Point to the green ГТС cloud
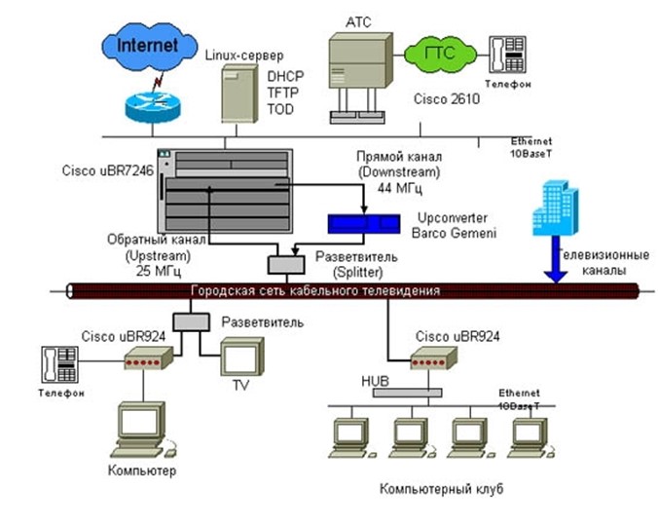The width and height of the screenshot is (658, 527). point(437,53)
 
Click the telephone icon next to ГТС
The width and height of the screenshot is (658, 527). point(506,54)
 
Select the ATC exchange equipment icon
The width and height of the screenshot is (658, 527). point(359,74)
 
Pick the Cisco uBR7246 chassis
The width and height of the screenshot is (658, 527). point(227,189)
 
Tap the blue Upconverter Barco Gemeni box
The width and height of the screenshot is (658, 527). point(363,222)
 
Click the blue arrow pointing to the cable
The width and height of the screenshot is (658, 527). point(555,263)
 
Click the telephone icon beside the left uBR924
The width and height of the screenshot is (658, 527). point(58,364)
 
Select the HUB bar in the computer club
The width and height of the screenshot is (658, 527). point(403,392)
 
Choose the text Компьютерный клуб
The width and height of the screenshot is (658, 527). point(431,488)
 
